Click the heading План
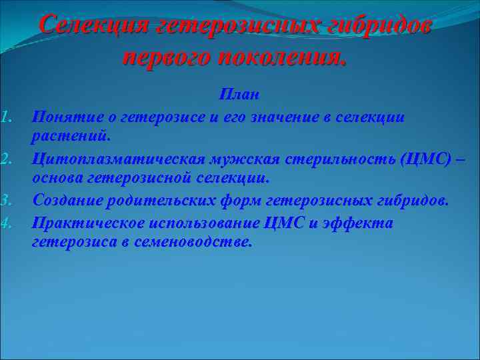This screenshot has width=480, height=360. click(x=239, y=95)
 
